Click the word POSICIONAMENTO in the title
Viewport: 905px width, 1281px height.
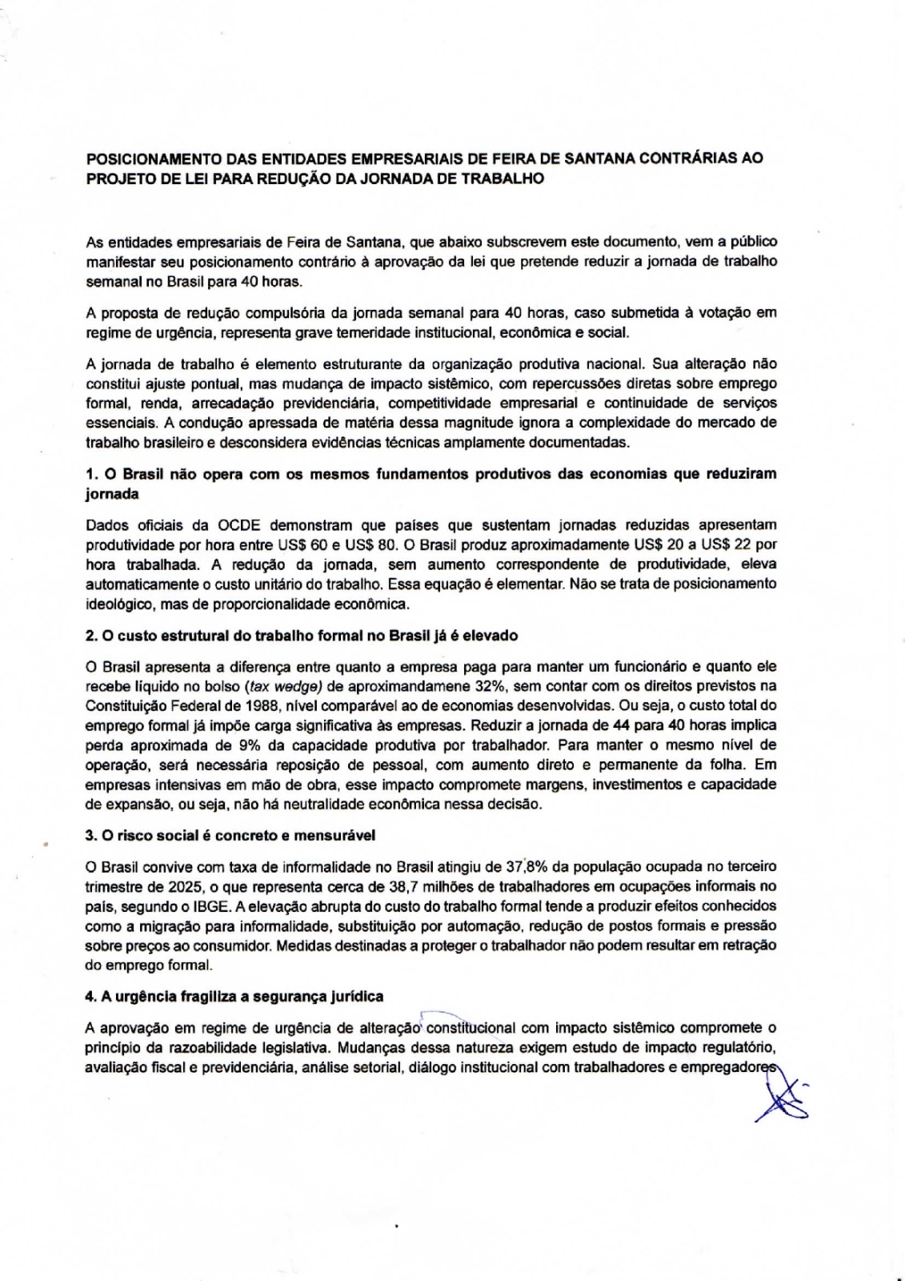pyautogui.click(x=150, y=159)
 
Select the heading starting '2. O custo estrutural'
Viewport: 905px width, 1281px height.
pyautogui.click(x=301, y=636)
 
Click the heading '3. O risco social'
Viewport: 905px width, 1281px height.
pyautogui.click(x=230, y=835)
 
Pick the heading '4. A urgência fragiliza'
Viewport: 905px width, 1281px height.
pyautogui.click(x=234, y=996)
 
